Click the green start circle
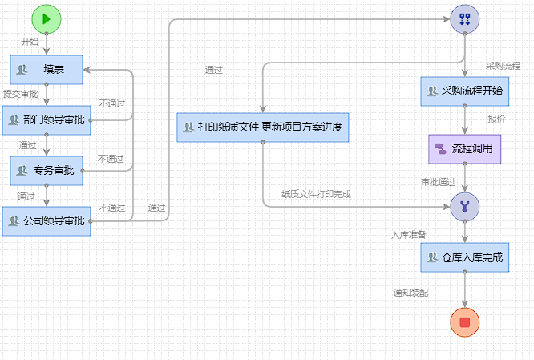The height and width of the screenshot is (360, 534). [x=47, y=18]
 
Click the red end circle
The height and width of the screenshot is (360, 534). [x=464, y=322]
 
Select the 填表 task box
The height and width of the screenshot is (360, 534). [x=47, y=70]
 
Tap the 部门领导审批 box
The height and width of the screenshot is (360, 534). [x=47, y=120]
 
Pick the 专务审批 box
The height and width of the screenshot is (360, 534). [x=47, y=170]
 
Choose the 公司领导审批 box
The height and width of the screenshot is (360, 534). [x=47, y=220]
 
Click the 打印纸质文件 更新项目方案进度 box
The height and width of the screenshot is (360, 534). [x=263, y=127]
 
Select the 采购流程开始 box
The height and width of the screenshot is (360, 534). [x=464, y=91]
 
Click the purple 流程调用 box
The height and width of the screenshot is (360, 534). [x=464, y=148]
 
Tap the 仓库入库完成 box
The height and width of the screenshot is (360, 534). [x=464, y=257]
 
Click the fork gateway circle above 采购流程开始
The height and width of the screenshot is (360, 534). [x=464, y=18]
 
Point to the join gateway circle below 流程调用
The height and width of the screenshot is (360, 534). [x=464, y=207]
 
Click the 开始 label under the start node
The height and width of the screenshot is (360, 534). [x=30, y=41]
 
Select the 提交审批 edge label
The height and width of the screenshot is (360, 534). [x=20, y=94]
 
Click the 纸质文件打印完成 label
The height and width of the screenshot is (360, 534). [x=316, y=193]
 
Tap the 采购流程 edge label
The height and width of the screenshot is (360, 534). [x=503, y=65]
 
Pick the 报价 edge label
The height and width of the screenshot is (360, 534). [x=496, y=119]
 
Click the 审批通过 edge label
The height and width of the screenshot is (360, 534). [x=439, y=181]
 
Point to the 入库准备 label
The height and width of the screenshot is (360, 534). [x=408, y=235]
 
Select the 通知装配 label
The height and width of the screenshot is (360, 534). [x=411, y=293]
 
